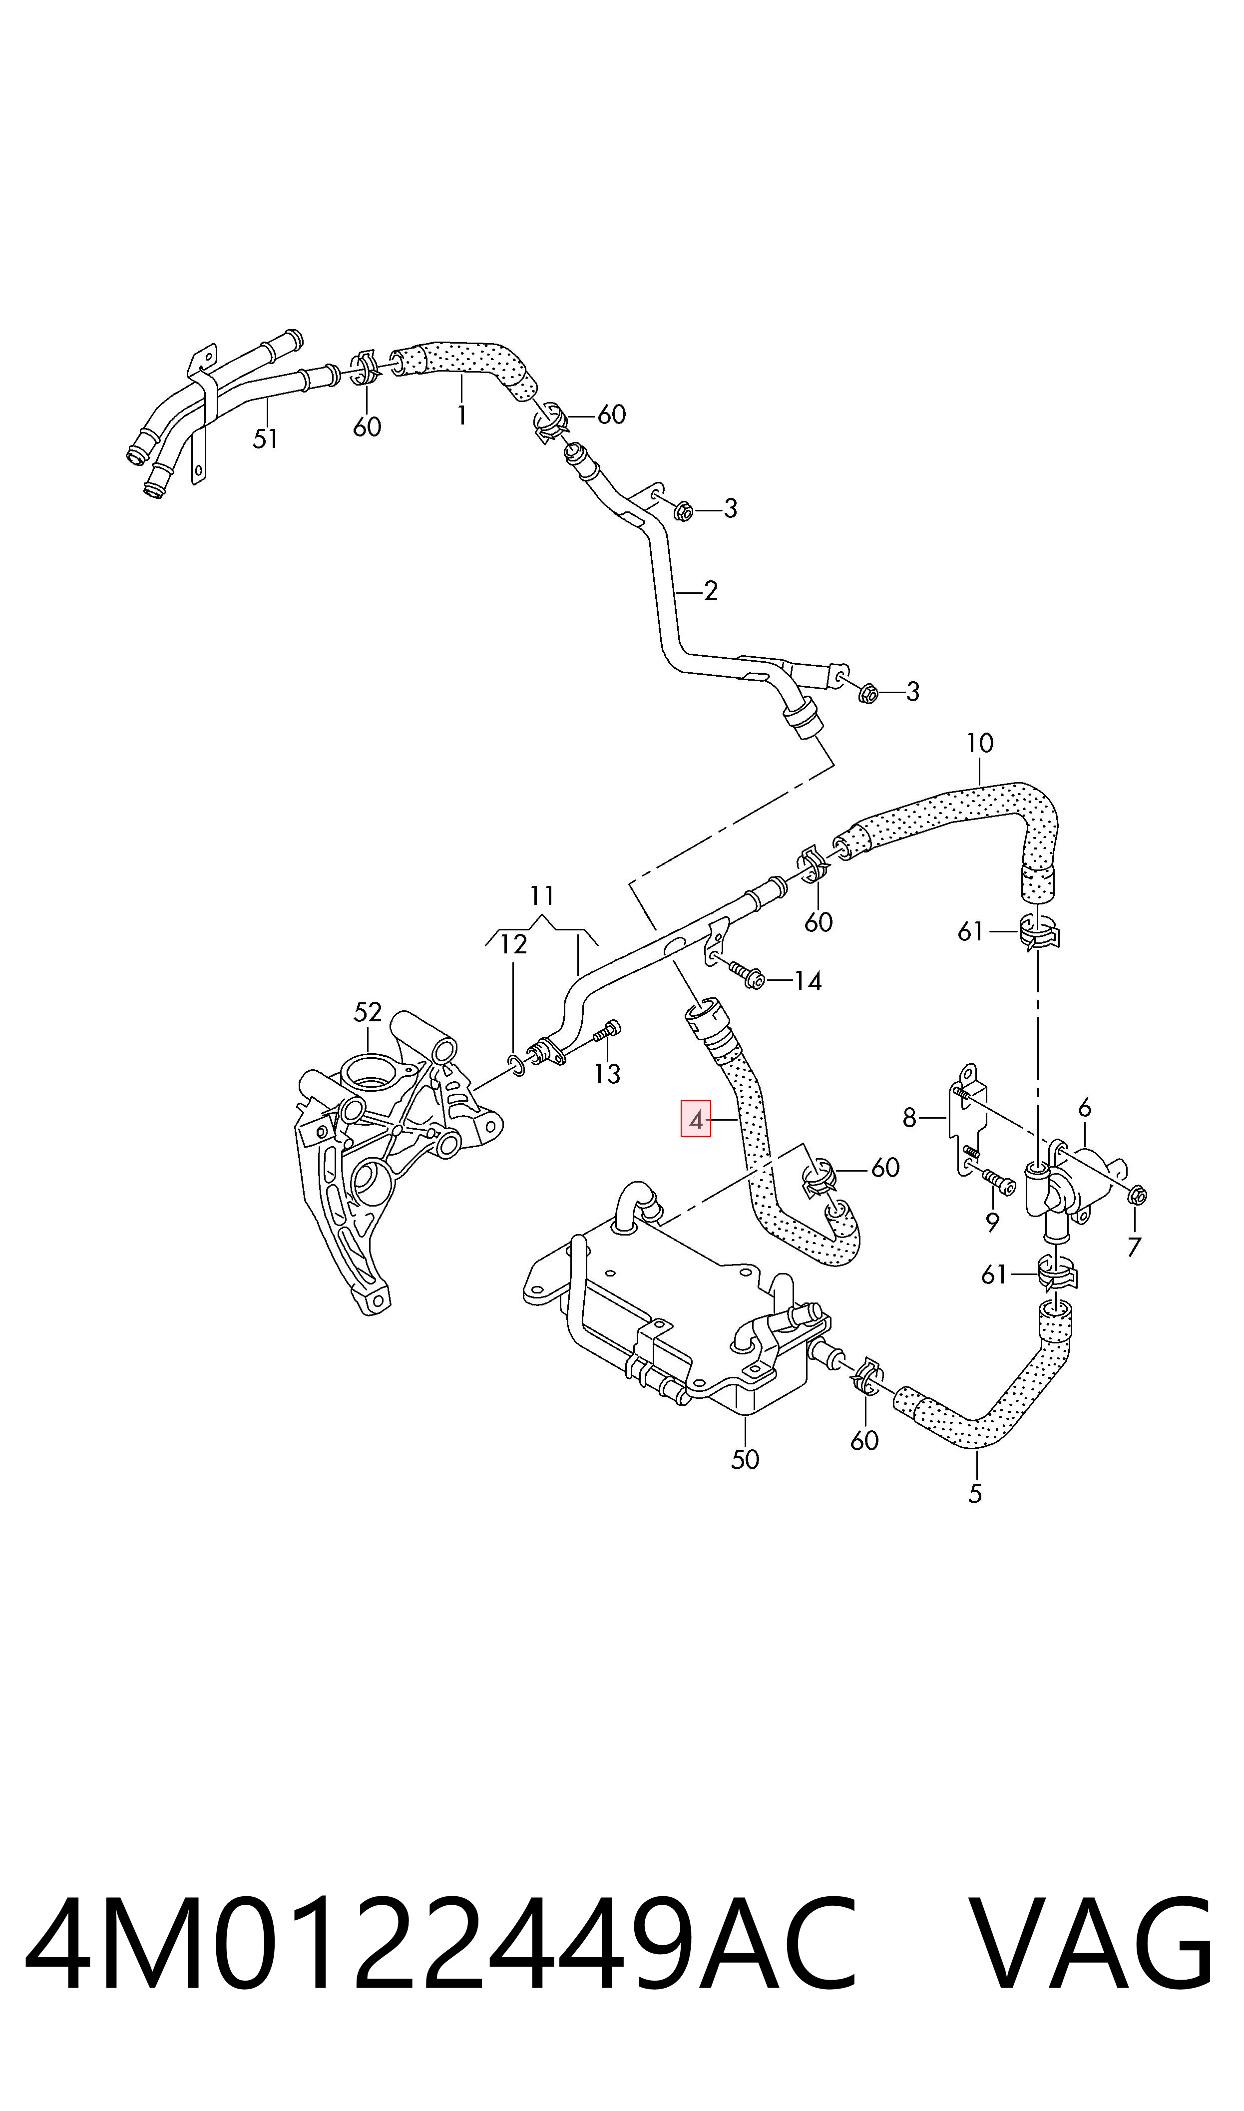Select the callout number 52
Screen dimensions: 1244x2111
367,1012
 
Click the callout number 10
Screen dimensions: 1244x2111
979,743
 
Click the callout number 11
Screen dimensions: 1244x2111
542,896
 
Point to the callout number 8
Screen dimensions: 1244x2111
910,1117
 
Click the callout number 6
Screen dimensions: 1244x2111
1085,1108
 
